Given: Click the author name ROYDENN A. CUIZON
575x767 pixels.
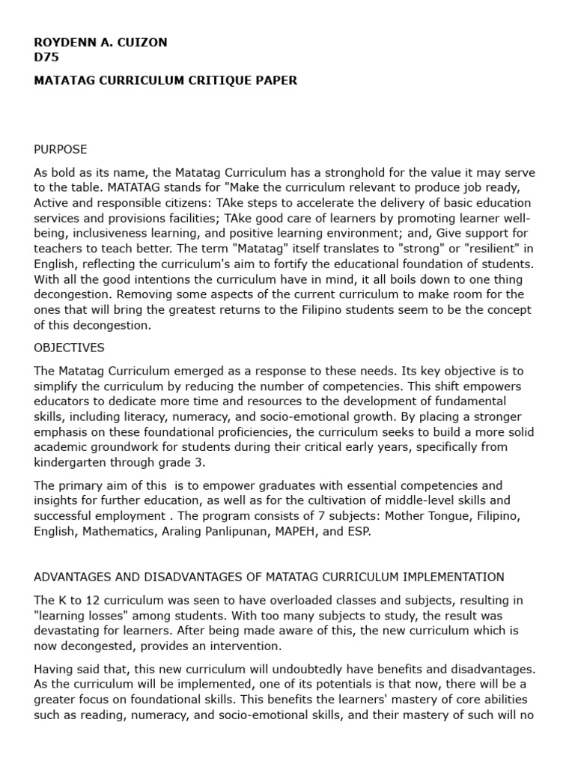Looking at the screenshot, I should click(x=100, y=42).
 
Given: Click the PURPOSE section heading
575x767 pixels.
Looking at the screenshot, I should click(x=61, y=149).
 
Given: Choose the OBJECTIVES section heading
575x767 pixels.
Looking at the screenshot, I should click(x=69, y=348).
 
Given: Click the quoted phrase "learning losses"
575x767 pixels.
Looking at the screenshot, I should click(x=78, y=615).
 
